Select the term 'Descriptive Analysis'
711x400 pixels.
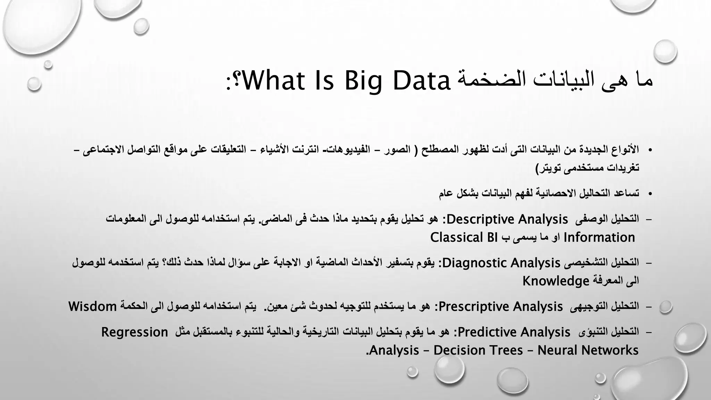tap(507, 219)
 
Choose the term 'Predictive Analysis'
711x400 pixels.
tap(514, 332)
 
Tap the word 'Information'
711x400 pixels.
tap(599, 237)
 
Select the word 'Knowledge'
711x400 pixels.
tap(556, 281)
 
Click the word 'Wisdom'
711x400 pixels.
tap(92, 307)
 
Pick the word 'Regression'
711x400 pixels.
tap(135, 332)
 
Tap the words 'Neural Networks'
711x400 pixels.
tap(588, 350)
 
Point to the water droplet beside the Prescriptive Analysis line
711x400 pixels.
tap(666, 307)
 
